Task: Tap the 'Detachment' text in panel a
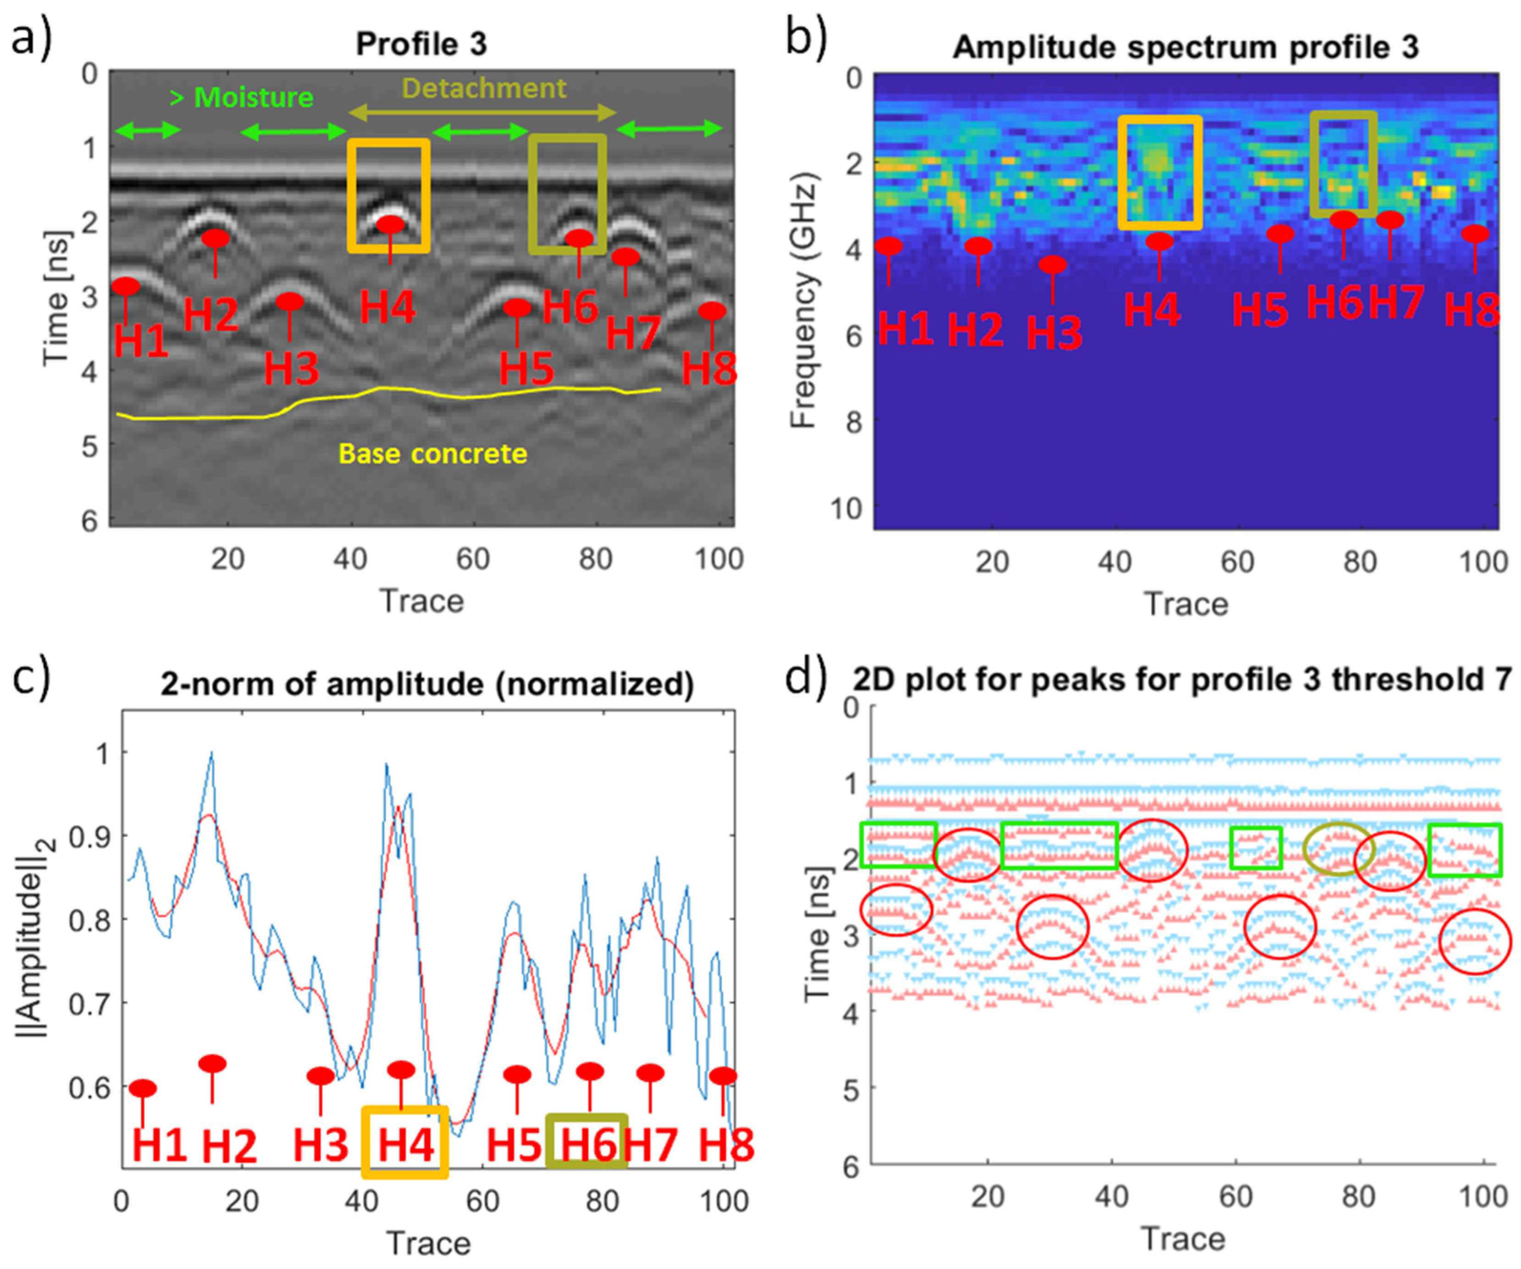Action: click(484, 89)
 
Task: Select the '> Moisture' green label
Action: click(241, 97)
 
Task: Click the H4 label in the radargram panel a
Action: click(388, 307)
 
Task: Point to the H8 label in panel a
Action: click(709, 369)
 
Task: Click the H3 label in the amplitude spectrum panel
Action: click(1055, 333)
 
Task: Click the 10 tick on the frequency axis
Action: click(846, 509)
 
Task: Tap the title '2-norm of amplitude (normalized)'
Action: click(427, 684)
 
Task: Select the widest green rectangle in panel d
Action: click(1059, 845)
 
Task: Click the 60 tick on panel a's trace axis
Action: click(473, 559)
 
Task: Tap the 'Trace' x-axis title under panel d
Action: click(1184, 1239)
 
